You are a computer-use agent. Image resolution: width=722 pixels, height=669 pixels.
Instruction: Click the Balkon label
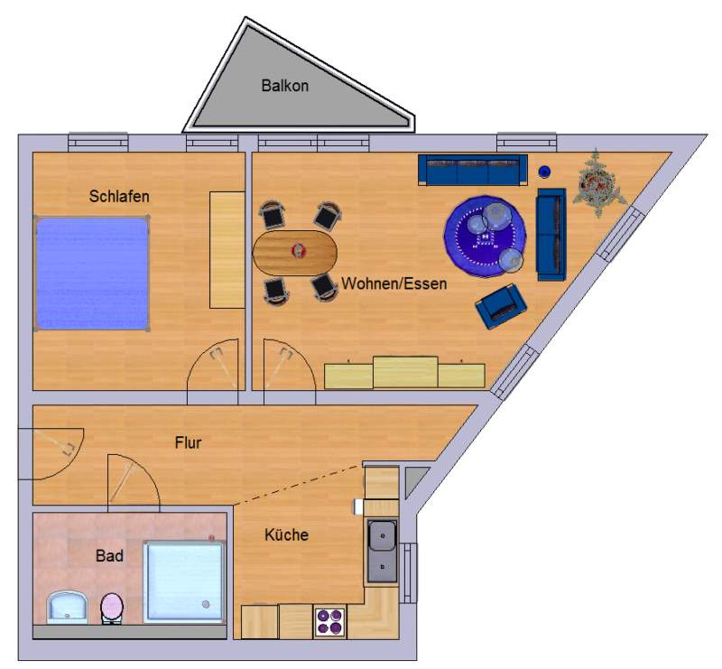click(x=284, y=86)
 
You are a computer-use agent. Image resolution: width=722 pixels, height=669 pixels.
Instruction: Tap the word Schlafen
click(x=119, y=196)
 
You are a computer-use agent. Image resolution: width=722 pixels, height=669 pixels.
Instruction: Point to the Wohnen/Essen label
click(x=394, y=283)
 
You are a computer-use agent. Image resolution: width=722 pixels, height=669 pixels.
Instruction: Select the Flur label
click(x=188, y=442)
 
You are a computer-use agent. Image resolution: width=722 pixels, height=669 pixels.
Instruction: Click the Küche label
click(x=286, y=534)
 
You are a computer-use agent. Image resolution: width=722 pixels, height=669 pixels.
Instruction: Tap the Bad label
click(x=109, y=555)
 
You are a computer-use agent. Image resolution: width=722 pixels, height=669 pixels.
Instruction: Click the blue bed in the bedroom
click(x=92, y=274)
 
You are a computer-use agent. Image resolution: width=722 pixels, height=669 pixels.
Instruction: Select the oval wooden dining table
click(x=295, y=253)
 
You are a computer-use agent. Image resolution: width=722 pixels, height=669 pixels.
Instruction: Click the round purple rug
click(x=485, y=237)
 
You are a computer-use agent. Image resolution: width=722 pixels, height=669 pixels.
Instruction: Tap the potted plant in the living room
click(x=598, y=183)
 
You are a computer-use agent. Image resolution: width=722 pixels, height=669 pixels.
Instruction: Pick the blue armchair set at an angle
click(x=501, y=306)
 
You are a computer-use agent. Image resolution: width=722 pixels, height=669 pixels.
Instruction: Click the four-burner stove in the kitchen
click(x=330, y=622)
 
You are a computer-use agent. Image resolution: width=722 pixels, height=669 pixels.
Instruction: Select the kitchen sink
click(x=382, y=552)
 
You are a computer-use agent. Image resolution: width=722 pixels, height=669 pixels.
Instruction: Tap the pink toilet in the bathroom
click(x=112, y=609)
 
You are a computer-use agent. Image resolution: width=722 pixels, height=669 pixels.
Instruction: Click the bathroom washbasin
click(x=68, y=608)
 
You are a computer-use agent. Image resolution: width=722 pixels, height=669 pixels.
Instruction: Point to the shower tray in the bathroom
click(x=185, y=582)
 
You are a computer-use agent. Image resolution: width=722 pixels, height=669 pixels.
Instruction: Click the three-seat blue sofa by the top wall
click(x=473, y=170)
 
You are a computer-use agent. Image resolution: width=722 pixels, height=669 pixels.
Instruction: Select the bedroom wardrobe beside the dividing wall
click(x=227, y=250)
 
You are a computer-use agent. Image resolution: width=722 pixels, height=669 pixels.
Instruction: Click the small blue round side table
click(x=544, y=172)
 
